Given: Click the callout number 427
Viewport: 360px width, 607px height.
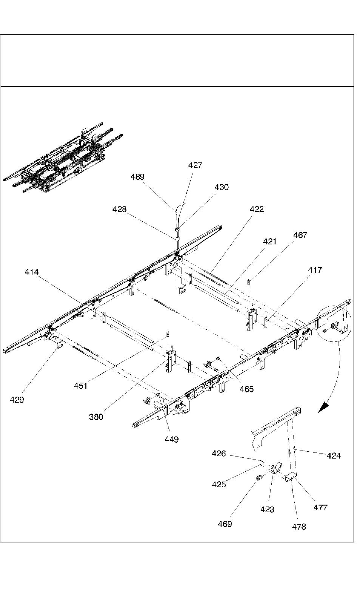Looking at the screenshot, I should click(x=195, y=165).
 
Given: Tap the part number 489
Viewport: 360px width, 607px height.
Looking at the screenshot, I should click(x=138, y=177).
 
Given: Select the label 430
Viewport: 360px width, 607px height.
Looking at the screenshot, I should click(x=222, y=187).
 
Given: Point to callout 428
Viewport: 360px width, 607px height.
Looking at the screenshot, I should click(x=119, y=209).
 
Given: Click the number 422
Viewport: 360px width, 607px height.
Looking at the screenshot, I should click(x=257, y=209).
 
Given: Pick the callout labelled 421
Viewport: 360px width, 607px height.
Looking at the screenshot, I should click(x=270, y=241).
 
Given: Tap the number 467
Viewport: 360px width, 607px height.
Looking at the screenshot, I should click(x=300, y=235).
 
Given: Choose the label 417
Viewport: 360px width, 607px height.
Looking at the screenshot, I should click(x=315, y=270).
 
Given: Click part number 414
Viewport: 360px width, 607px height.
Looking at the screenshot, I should click(x=32, y=272).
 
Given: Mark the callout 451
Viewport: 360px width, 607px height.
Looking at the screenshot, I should click(x=80, y=386).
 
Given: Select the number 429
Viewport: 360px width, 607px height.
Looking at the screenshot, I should click(x=17, y=400).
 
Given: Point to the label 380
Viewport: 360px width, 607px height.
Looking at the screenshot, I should click(x=96, y=417).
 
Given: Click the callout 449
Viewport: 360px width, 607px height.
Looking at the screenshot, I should click(x=172, y=439).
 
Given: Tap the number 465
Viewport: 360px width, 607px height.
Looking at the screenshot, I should click(x=247, y=389).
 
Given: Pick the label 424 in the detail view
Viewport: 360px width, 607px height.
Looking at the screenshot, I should click(x=334, y=456).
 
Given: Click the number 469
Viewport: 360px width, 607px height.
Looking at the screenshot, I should click(x=225, y=524).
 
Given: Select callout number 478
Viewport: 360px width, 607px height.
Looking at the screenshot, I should click(x=299, y=527).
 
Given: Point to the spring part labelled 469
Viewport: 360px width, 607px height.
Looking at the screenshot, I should click(x=259, y=478).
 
